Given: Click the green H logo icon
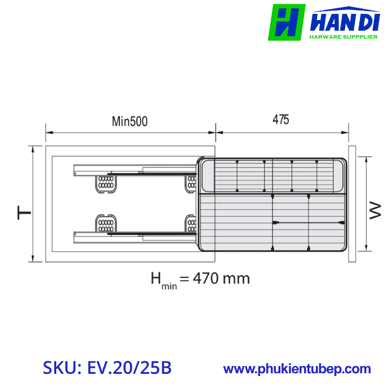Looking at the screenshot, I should (x=286, y=22).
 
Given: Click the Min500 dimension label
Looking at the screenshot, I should (x=130, y=121).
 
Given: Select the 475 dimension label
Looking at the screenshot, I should (x=281, y=119).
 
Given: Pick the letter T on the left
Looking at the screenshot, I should (x=23, y=213).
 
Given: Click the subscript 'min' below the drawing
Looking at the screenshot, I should (x=169, y=286).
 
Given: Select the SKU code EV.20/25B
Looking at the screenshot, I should (x=129, y=368).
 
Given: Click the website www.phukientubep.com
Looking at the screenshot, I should (x=297, y=369).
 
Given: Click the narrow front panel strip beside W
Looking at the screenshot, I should (x=352, y=203).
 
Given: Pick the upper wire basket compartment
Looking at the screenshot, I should (x=273, y=175).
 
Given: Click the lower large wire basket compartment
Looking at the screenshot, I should (x=273, y=222).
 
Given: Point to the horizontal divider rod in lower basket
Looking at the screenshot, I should (x=309, y=223).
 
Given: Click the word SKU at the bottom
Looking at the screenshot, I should (x=61, y=368).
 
